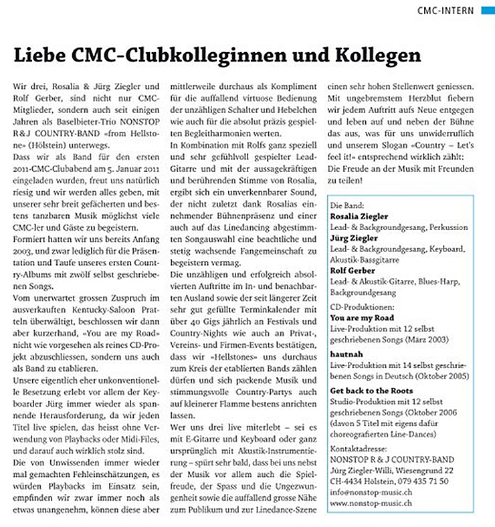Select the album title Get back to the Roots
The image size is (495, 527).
point(372,391)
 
